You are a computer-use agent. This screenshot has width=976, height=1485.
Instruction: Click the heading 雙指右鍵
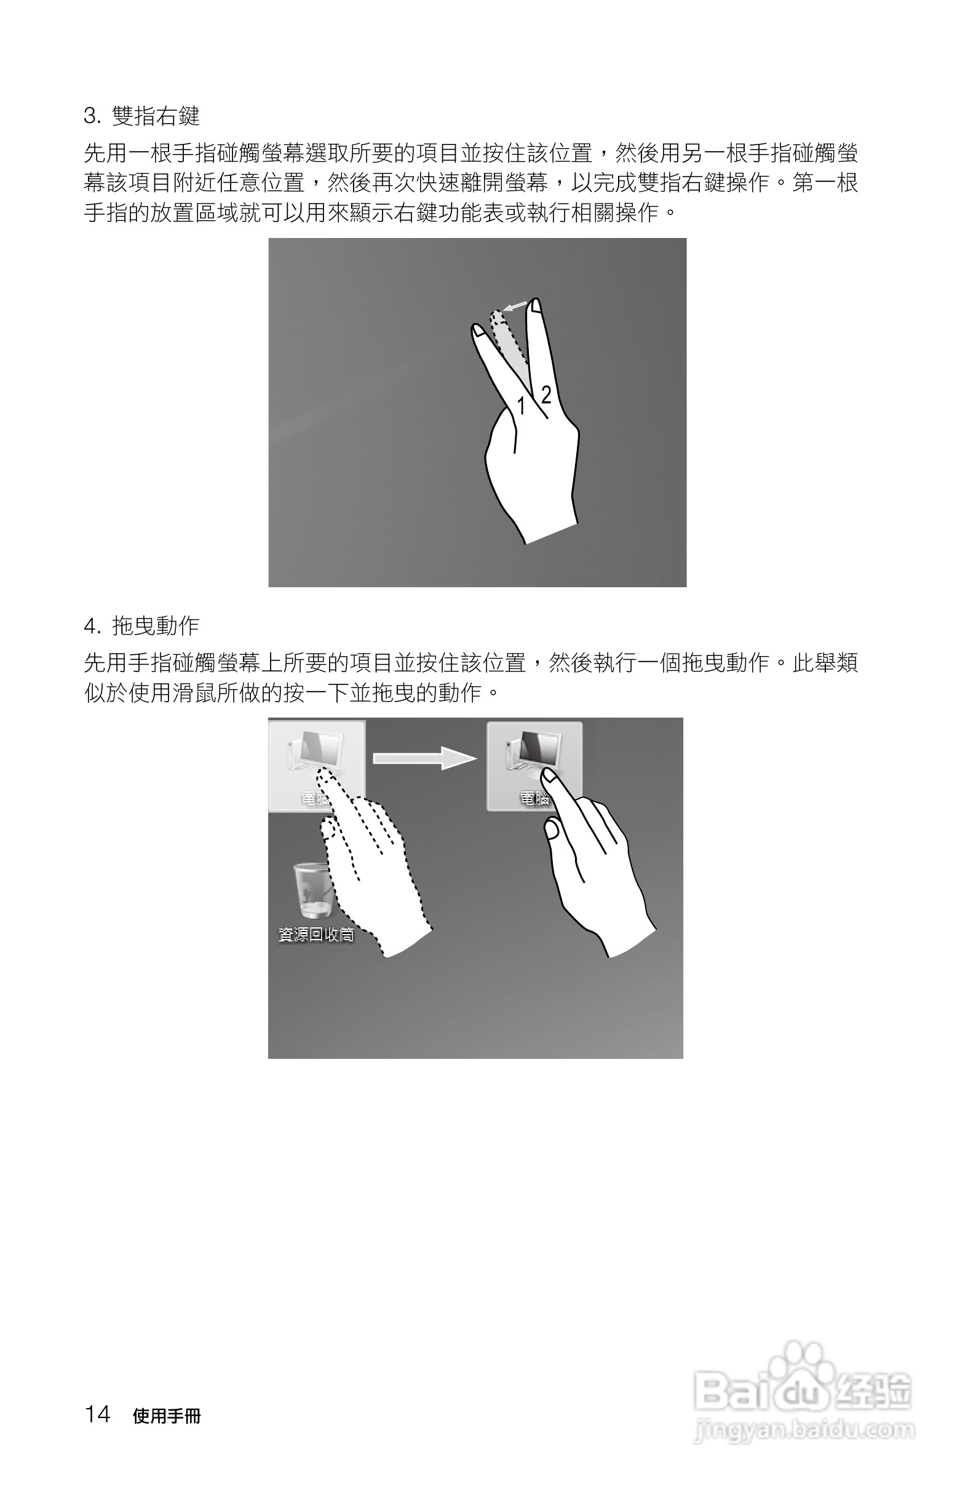[x=156, y=116]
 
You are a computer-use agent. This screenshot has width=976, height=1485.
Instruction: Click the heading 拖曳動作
[x=156, y=626]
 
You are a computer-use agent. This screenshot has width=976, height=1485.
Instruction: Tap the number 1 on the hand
[x=521, y=406]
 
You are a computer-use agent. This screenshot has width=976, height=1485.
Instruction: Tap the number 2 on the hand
[x=546, y=395]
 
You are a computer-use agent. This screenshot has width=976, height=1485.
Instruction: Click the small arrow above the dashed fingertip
[x=515, y=306]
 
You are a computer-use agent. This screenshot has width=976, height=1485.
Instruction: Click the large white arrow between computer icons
[x=424, y=758]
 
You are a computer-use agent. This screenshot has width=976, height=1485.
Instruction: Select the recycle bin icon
[x=311, y=890]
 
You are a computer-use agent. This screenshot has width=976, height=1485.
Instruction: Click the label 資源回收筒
[x=315, y=934]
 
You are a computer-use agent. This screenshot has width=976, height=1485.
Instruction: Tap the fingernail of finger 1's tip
[x=478, y=331]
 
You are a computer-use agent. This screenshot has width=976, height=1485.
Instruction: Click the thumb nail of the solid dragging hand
[x=552, y=830]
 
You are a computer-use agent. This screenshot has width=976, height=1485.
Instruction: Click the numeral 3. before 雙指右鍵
[x=92, y=116]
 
